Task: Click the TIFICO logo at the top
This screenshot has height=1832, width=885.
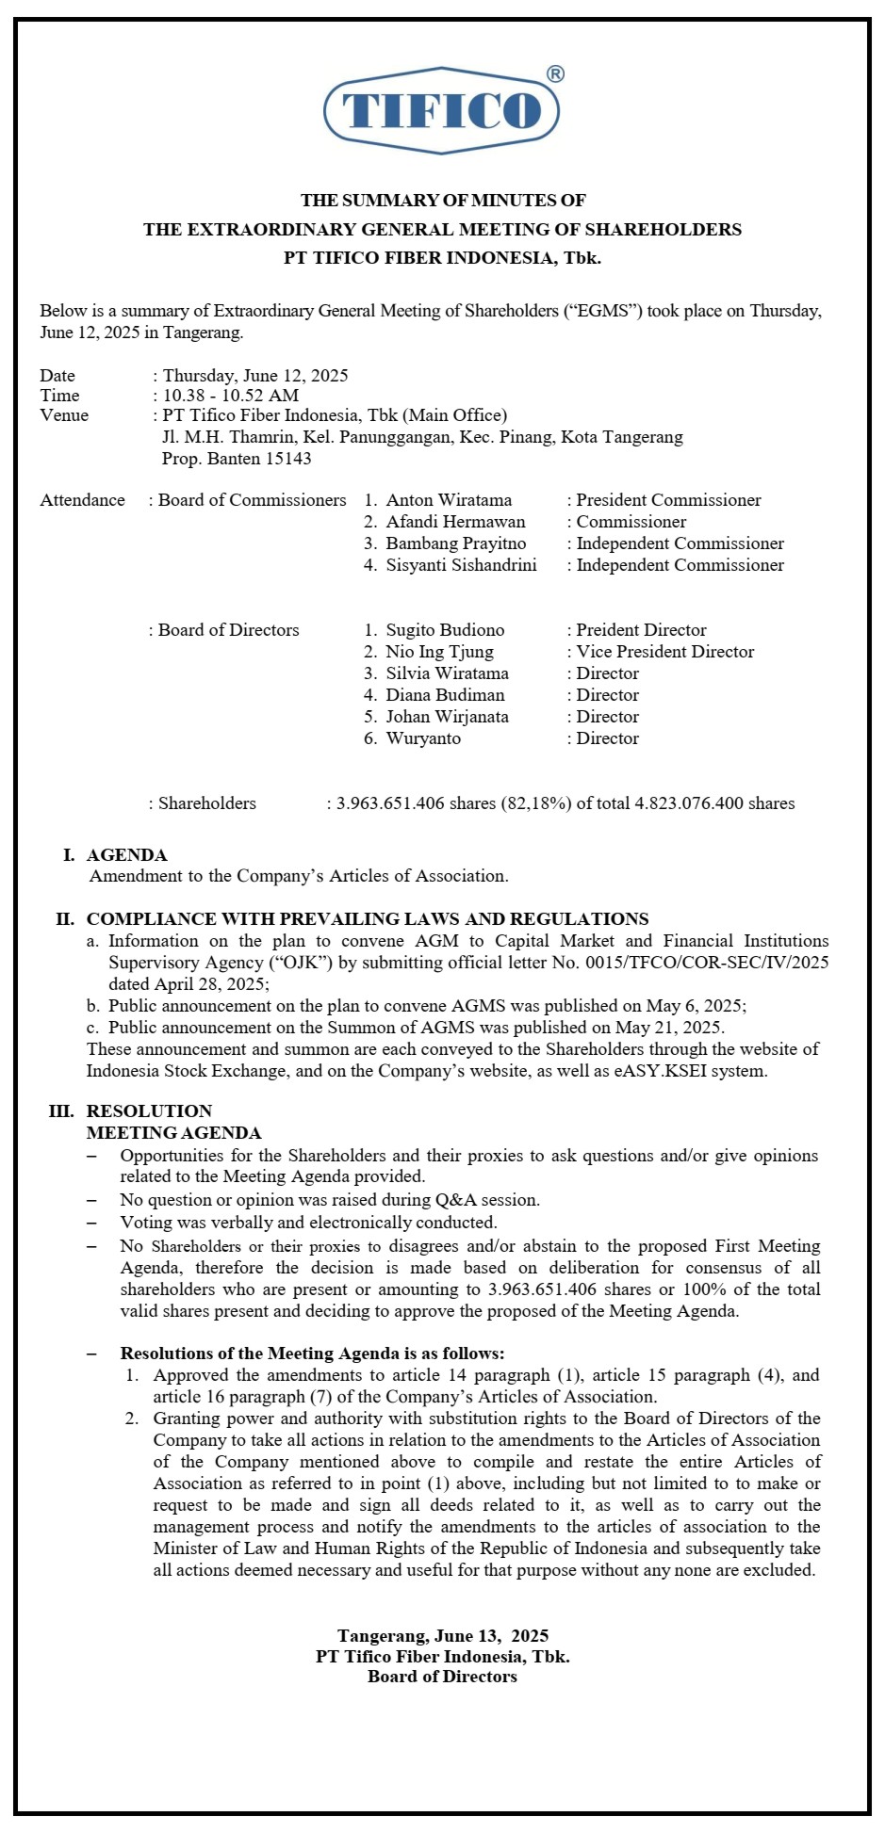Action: pos(441,111)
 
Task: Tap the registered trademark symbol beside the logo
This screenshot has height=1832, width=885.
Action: pos(555,75)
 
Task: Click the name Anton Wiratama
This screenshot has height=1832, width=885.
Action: pos(449,500)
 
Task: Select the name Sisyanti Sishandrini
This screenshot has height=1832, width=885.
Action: pos(461,565)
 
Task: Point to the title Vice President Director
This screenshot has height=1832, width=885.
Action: pos(665,652)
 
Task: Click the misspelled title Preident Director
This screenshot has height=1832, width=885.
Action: pos(641,630)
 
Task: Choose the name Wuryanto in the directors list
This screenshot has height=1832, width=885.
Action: pos(423,738)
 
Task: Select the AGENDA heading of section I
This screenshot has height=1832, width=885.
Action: pos(126,855)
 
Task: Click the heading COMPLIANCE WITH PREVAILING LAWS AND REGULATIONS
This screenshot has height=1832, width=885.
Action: pos(368,919)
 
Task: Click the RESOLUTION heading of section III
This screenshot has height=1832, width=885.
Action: pos(149,1111)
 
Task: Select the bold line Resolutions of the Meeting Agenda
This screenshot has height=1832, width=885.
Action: pos(312,1354)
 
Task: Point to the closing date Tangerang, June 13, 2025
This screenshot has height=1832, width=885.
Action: pos(443,1636)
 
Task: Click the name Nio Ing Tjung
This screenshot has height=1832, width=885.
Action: pos(439,652)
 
